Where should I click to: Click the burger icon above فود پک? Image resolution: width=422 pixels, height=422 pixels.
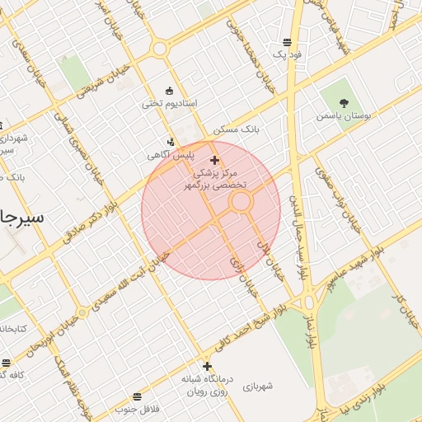point(287,42)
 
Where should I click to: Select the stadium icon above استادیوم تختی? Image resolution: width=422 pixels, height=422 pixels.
point(170,91)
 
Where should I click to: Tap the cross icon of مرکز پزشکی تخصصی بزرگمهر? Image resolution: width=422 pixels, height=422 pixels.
point(215,160)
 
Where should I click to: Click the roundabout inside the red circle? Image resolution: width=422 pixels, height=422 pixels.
point(241,201)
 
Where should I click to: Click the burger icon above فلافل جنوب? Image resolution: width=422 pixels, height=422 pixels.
point(137,396)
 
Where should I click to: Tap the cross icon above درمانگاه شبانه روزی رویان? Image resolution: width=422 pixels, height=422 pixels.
point(207,367)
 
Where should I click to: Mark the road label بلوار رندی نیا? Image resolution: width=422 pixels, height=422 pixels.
point(355,395)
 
